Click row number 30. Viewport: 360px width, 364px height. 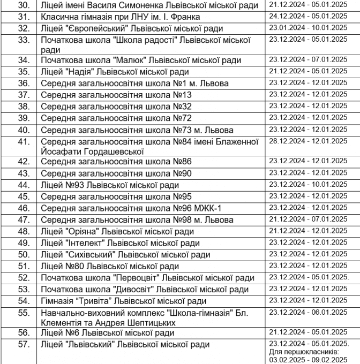point(22,6)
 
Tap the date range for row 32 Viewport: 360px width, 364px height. point(308,28)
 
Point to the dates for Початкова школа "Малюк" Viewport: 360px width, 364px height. point(308,59)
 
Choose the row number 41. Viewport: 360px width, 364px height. point(22,141)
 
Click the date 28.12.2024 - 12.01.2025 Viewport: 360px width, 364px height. point(308,141)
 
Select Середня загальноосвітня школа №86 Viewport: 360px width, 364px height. point(116,162)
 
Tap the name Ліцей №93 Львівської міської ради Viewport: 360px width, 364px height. point(110,185)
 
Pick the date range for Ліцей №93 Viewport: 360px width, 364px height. point(308,185)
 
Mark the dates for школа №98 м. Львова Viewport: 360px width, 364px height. point(308,219)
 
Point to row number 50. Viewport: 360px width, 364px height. point(22,254)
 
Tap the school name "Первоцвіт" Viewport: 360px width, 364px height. point(124,277)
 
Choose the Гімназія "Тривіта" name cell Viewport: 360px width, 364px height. point(123,301)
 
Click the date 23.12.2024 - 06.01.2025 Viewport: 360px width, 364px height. point(308,312)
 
